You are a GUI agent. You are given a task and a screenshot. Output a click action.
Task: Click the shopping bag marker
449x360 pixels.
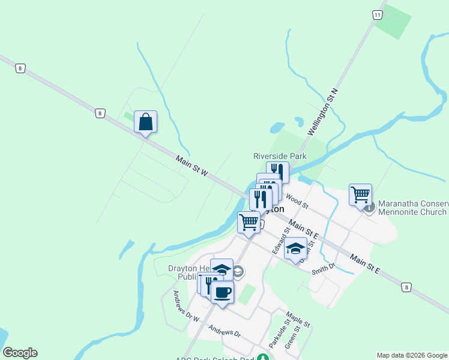pos(145,122)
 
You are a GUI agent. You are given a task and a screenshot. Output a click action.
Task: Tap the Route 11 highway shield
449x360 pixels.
pos(377,15)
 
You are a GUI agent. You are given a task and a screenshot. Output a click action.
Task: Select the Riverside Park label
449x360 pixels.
pos(280,156)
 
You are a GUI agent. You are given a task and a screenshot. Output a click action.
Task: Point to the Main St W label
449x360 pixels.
pos(192,166)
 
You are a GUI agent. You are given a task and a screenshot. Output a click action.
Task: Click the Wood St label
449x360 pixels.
pos(297,201)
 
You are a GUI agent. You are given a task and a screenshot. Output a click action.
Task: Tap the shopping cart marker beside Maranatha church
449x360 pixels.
pos(360,194)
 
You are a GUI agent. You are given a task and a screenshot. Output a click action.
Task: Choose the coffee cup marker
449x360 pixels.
pos(222,293)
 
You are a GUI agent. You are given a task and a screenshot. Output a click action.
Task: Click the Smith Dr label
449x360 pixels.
pos(323,270)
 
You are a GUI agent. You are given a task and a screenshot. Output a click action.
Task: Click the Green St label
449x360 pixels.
pos(292,337)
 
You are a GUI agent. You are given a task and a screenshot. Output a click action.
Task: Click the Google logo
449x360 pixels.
pos(20,353)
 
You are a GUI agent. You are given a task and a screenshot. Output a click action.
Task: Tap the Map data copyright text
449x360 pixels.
pos(411,355)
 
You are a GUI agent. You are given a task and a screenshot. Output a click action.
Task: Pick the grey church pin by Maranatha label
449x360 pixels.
pos(369,208)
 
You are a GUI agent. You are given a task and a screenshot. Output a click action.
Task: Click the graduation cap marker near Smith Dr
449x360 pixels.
pos(295,248)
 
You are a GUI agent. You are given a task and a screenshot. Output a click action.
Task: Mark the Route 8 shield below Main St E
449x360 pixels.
pos(406,288)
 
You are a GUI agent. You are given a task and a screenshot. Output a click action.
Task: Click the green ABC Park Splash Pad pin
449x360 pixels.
pos(262,358)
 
